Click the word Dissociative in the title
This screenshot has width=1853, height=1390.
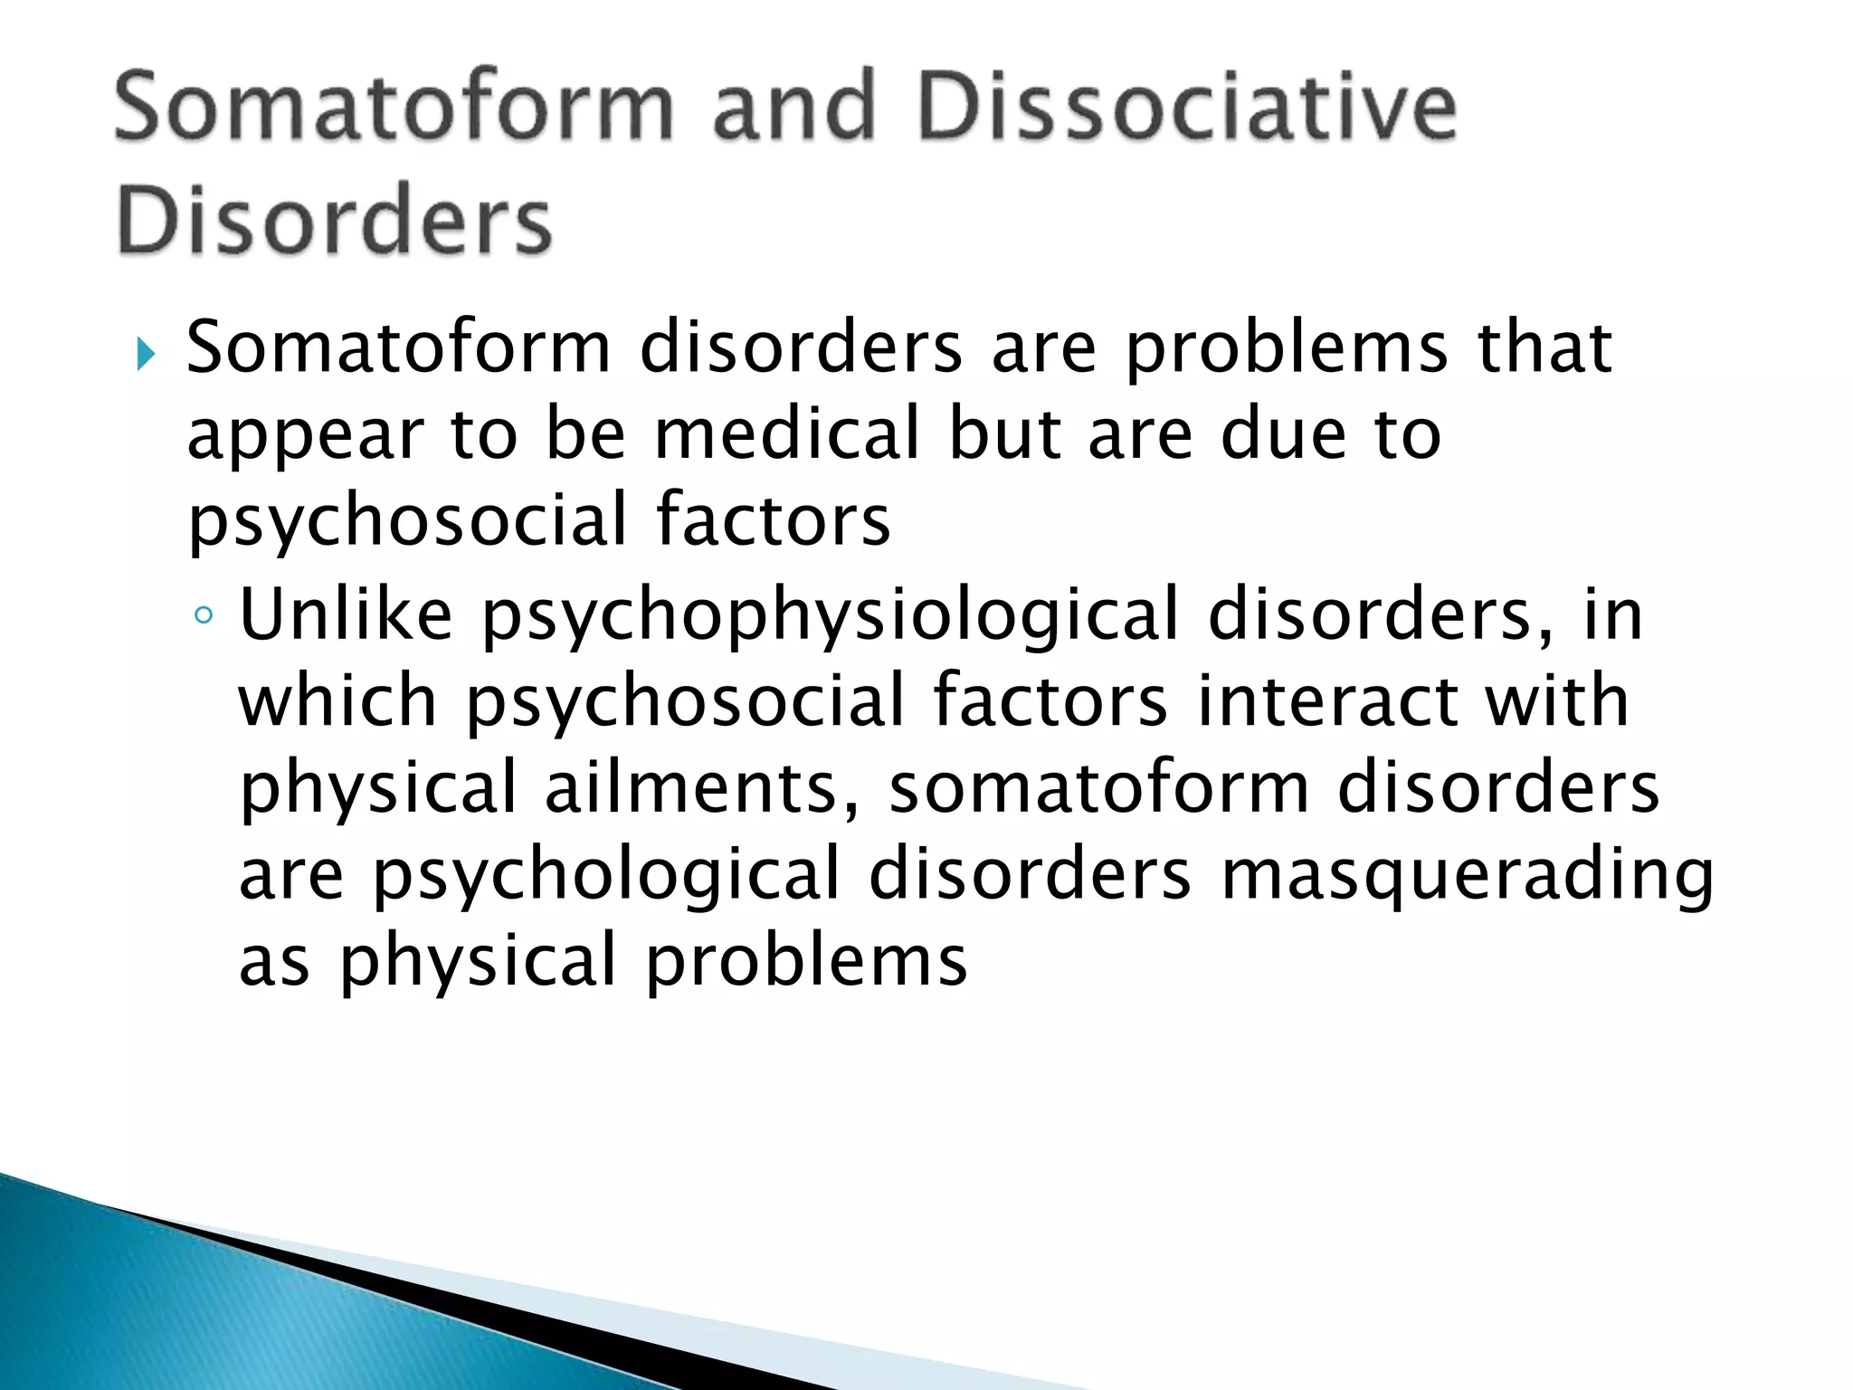(x=1185, y=109)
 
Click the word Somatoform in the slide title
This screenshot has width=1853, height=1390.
(x=394, y=109)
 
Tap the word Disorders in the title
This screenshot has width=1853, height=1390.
(x=334, y=221)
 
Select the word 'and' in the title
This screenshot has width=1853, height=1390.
(x=794, y=109)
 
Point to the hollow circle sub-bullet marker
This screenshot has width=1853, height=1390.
(x=204, y=616)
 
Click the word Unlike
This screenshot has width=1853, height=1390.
(x=346, y=614)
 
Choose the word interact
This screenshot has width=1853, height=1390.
(x=1327, y=700)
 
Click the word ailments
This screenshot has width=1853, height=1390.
(x=689, y=787)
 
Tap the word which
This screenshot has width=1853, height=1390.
(x=337, y=700)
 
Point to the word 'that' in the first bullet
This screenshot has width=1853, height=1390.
(x=1544, y=347)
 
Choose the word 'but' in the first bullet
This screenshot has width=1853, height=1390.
(x=1004, y=433)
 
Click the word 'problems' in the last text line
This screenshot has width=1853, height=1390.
(x=806, y=962)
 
